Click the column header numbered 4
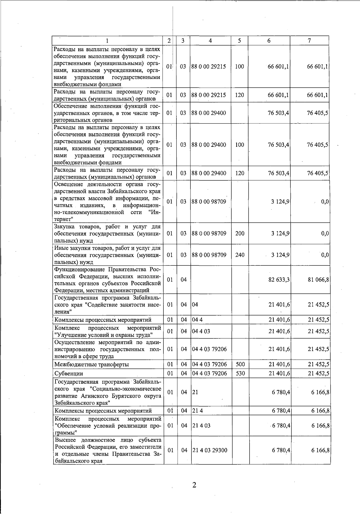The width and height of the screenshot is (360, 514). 210,41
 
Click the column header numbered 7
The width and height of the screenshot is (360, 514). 309,41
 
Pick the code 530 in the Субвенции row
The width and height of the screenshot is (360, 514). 240,373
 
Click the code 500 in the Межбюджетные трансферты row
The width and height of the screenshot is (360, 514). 240,364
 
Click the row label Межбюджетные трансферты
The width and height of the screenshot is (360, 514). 91,364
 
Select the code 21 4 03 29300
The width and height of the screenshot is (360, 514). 209,450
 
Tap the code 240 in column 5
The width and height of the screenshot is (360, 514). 240,255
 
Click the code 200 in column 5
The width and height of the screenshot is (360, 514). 240,233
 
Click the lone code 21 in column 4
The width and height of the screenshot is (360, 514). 195,392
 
